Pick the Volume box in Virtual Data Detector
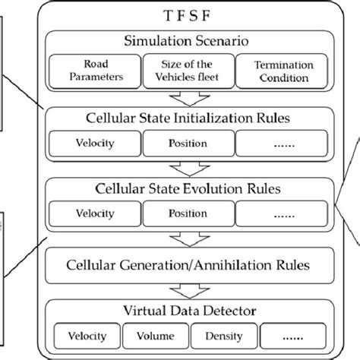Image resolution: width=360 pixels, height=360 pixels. point(156,336)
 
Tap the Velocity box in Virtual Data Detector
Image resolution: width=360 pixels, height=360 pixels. point(87,336)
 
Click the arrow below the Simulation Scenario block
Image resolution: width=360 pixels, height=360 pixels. point(186,98)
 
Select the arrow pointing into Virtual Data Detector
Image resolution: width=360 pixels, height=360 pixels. point(186,289)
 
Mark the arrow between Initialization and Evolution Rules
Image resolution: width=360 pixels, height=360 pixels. point(186,168)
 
